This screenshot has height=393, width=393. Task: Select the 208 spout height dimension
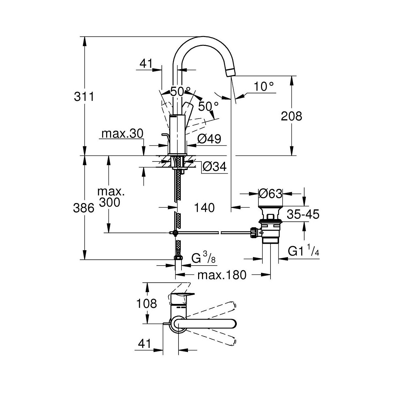(x=291, y=116)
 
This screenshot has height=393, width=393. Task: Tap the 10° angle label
(x=264, y=87)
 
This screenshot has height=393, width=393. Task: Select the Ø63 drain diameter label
(x=270, y=194)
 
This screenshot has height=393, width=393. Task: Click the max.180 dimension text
(x=222, y=275)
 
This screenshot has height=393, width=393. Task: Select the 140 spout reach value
(x=204, y=207)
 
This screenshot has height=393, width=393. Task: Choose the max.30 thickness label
(x=122, y=134)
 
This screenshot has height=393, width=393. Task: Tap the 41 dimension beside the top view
(x=144, y=344)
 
